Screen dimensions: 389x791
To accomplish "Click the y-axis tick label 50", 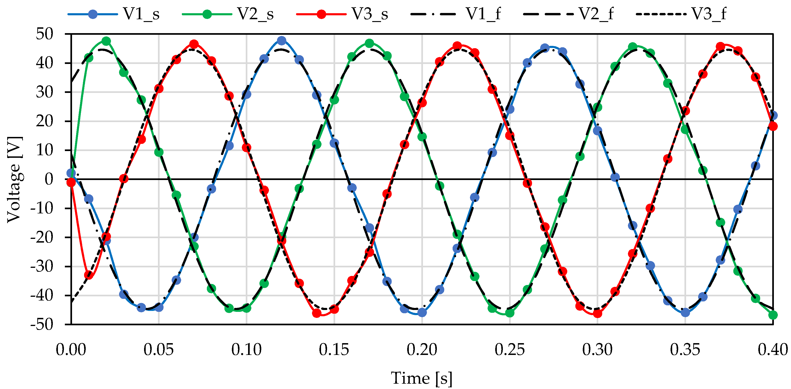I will click(44, 34).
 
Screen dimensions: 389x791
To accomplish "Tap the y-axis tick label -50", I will click(42, 325).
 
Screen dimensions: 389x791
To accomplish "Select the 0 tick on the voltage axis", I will click(49, 179).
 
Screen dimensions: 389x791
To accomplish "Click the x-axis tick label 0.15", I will click(334, 350).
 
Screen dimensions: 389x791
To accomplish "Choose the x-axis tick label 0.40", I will click(772, 350).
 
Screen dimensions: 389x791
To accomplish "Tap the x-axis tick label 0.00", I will click(71, 350).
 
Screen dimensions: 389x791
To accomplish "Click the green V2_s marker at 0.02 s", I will click(106, 41).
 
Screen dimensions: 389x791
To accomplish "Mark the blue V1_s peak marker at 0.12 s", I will click(282, 41).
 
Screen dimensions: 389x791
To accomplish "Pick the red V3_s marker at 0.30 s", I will click(597, 313).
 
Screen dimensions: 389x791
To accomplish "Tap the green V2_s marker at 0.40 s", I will click(773, 315).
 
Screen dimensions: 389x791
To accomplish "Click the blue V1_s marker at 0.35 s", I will click(685, 313).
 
